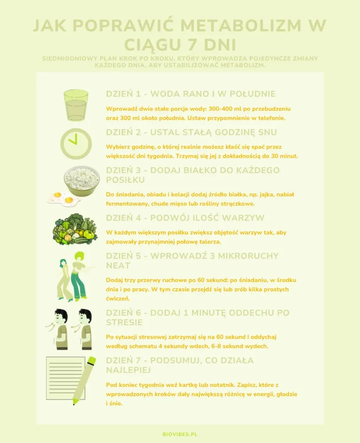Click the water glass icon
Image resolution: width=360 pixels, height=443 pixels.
coord(76,106)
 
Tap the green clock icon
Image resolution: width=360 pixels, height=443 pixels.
coord(76,144)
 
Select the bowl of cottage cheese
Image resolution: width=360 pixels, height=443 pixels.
coord(82,181)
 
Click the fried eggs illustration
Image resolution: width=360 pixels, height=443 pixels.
coord(64,198)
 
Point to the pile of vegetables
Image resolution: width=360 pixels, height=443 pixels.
coord(75,229)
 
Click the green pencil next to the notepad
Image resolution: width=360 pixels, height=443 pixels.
coord(84,380)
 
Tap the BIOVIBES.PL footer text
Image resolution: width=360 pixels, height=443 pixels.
coord(180,434)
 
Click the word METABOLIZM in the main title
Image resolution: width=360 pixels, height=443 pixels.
coord(241,26)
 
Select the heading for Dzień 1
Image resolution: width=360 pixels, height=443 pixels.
coord(191,94)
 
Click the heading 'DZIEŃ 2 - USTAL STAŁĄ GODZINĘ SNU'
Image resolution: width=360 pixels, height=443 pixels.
coord(191,132)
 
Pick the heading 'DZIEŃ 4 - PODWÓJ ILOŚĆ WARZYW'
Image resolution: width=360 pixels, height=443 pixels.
coord(185,218)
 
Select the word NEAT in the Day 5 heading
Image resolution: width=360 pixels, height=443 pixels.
coord(118,266)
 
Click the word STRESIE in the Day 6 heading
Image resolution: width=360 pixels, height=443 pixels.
coord(124,322)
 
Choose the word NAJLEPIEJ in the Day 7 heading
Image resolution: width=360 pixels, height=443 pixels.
coord(128,370)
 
